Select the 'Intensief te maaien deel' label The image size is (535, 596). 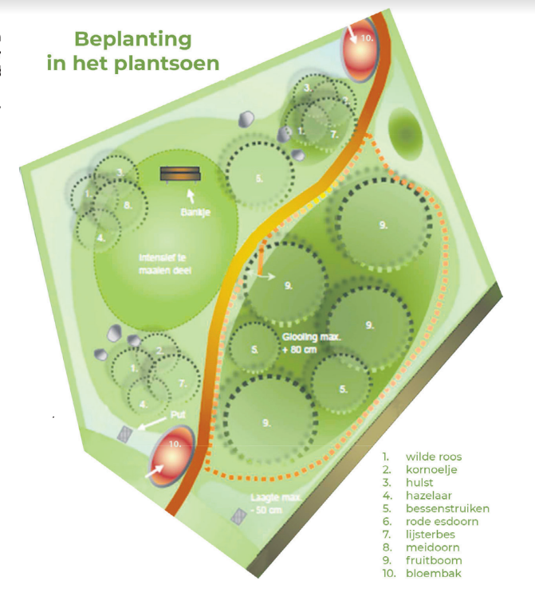coord(165,264)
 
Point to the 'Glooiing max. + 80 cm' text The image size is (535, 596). coord(312,343)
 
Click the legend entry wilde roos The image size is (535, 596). coord(434,457)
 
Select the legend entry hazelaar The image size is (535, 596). coord(431,496)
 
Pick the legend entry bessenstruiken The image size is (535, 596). coord(447,508)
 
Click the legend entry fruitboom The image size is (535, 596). coord(434,560)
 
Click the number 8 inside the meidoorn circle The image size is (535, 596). coord(127,205)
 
